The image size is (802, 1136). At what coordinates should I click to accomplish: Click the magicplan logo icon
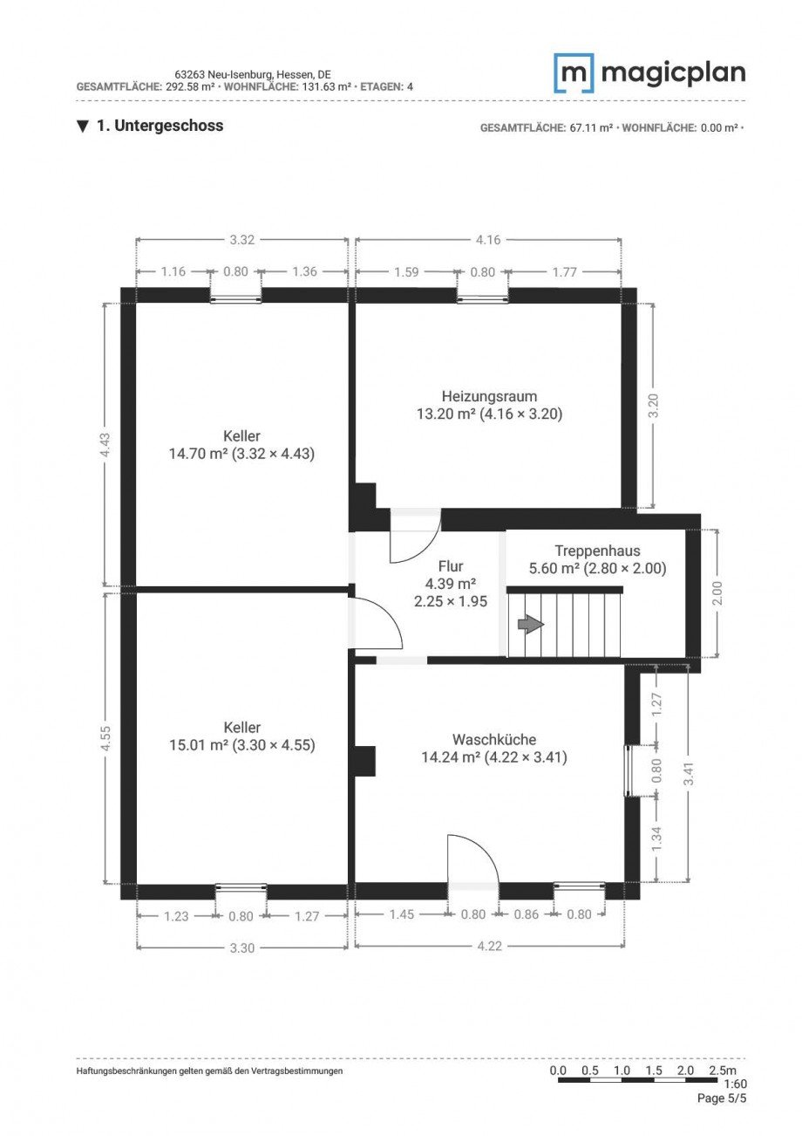[574, 73]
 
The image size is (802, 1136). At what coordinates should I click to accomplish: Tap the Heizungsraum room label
[489, 396]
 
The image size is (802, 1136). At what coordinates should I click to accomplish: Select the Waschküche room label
[493, 740]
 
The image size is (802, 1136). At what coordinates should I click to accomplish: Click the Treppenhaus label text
[597, 551]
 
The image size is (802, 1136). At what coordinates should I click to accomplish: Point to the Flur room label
[450, 567]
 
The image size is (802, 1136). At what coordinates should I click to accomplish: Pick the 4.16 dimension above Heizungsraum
[489, 240]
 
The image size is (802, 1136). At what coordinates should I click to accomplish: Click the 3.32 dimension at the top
[241, 240]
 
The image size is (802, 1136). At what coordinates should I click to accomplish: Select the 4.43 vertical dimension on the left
[105, 445]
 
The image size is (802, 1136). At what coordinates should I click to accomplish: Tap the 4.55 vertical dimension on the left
[105, 738]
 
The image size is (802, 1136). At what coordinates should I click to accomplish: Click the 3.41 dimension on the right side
[689, 774]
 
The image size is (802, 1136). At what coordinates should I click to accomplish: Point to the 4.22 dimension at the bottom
[490, 947]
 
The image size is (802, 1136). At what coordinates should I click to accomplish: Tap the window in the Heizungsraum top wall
[483, 298]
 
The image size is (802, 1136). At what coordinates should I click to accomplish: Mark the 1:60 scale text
[735, 1084]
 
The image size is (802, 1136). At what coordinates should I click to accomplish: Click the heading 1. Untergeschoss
[160, 126]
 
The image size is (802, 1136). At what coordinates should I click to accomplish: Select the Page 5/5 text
[722, 1098]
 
